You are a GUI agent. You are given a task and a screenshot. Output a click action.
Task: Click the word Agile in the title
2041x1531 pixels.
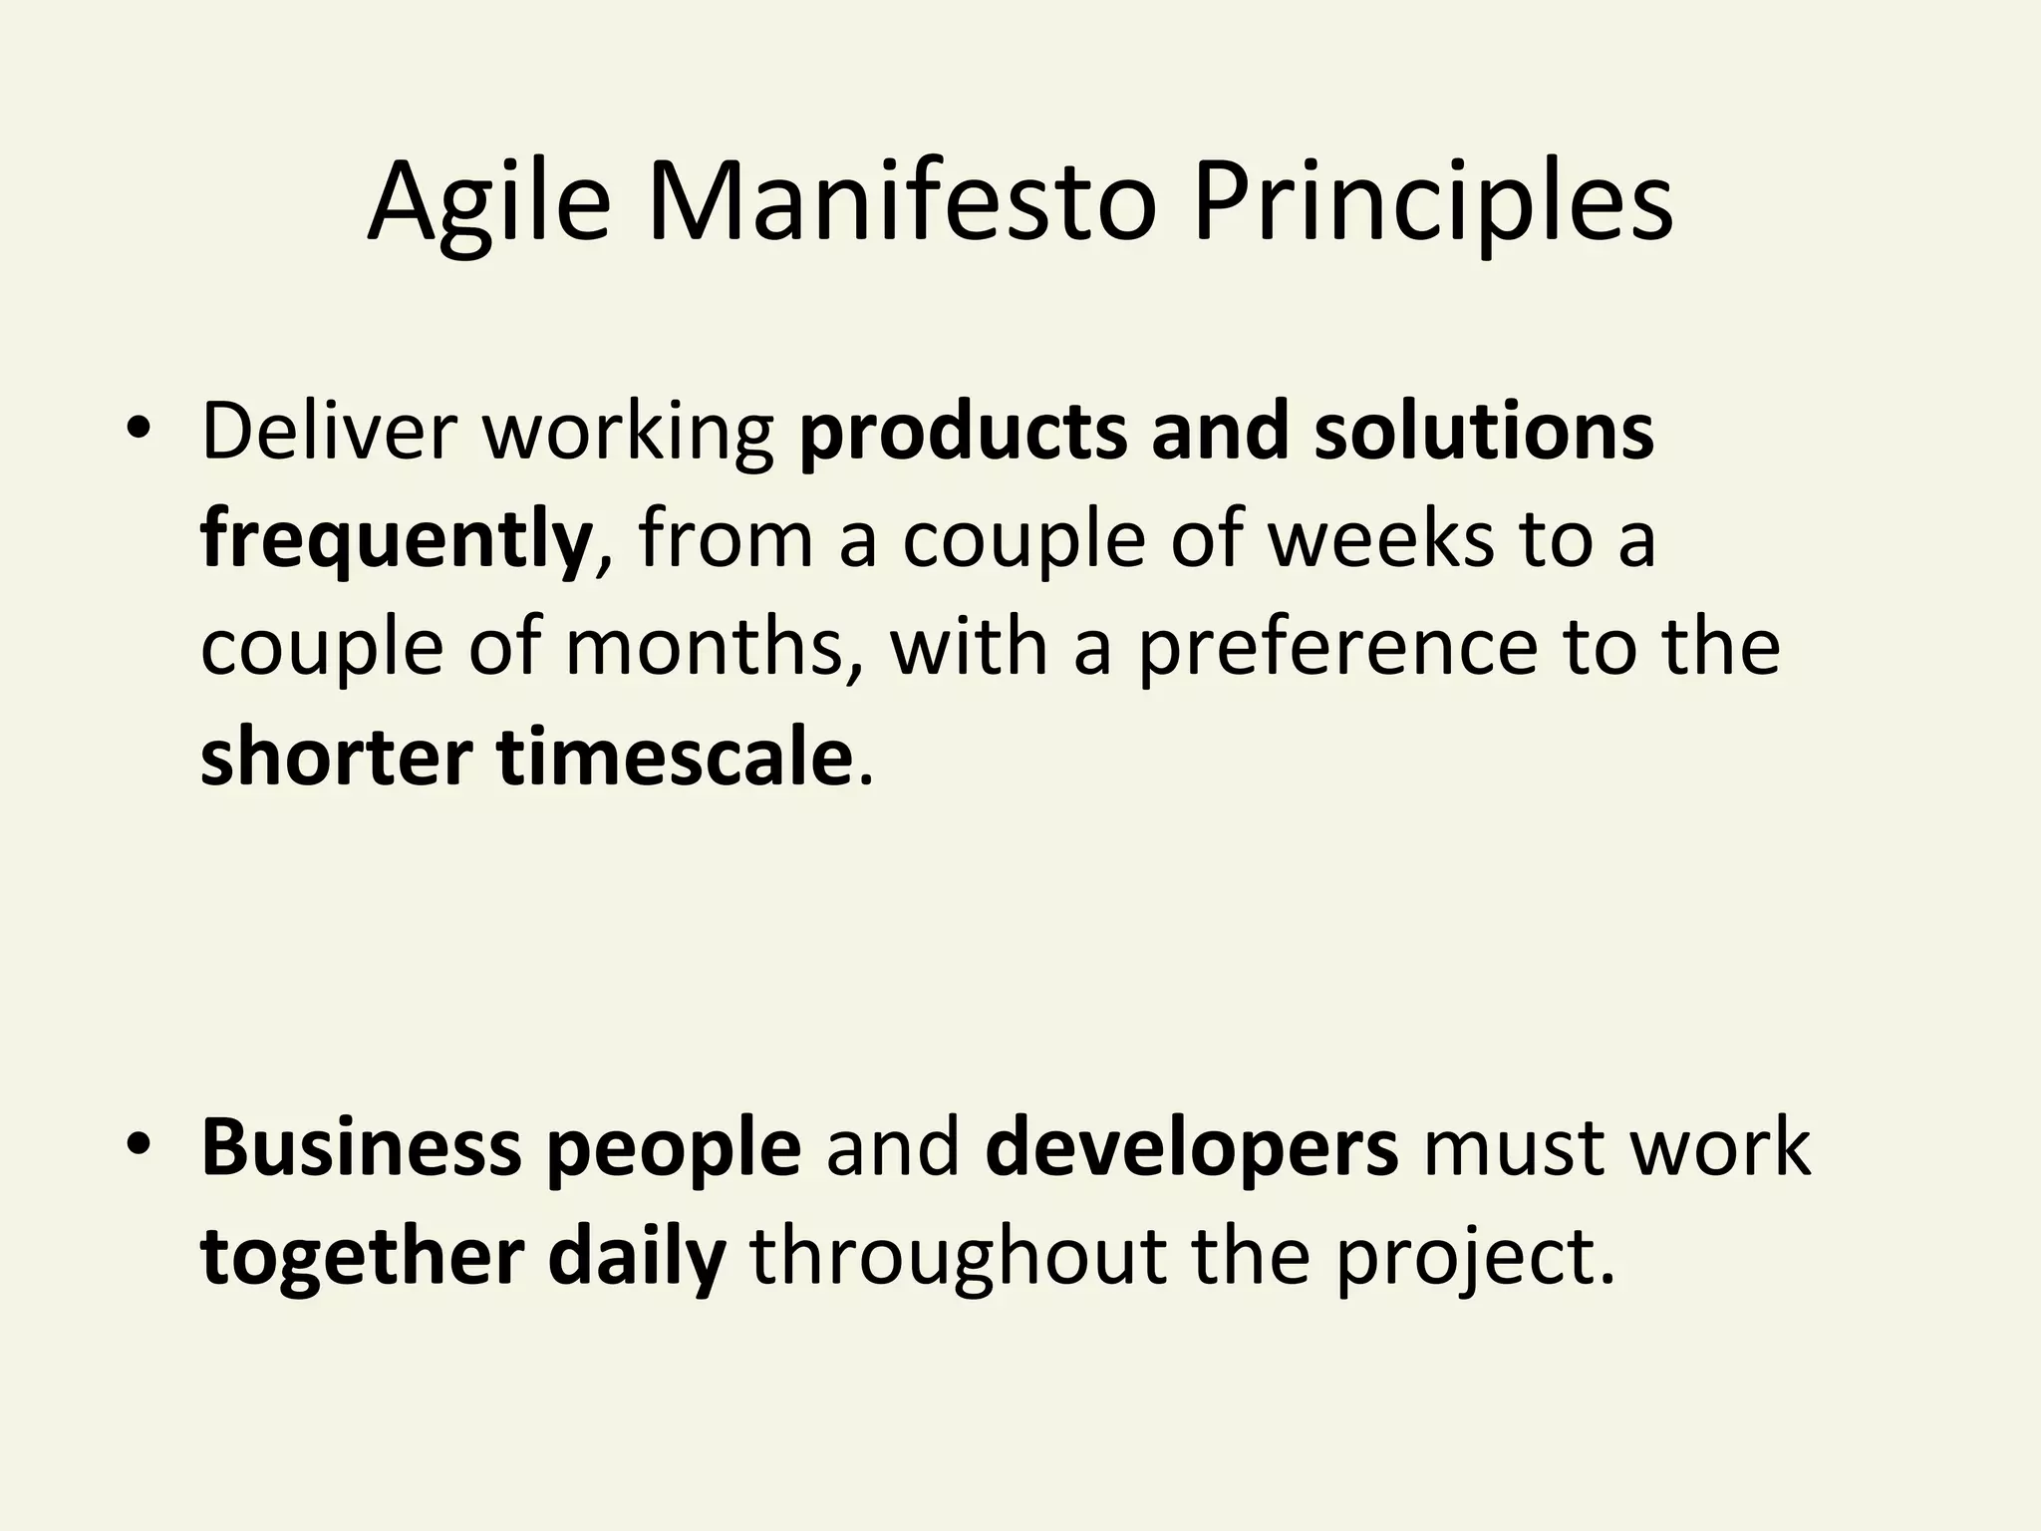click(x=488, y=204)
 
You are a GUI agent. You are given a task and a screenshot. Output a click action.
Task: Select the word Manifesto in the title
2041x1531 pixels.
click(x=902, y=204)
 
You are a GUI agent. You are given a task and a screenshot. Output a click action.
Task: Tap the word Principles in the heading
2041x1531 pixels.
click(x=1432, y=204)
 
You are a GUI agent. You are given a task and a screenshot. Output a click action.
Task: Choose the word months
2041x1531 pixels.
click(x=703, y=648)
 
